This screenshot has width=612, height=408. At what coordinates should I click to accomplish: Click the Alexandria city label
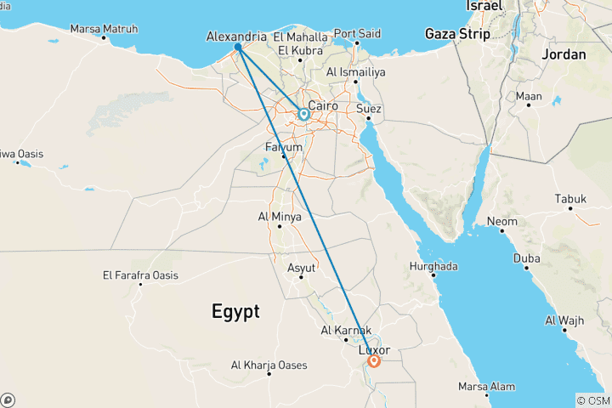236,37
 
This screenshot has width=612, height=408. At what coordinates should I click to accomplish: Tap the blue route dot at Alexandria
239,47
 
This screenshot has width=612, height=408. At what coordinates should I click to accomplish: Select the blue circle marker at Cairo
303,113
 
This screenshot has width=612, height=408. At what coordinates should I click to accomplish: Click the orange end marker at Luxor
373,361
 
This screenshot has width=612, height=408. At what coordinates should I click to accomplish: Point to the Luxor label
375,349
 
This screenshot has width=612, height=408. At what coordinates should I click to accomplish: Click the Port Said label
357,33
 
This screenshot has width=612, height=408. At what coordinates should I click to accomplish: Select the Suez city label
371,109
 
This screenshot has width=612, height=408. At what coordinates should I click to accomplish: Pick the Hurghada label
433,266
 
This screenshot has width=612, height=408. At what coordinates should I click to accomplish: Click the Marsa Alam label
487,386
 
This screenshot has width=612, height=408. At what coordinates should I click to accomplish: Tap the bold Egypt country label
235,311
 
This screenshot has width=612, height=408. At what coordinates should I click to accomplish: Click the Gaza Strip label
458,34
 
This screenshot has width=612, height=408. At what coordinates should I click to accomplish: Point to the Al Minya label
280,217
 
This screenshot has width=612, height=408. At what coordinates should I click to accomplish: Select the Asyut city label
302,267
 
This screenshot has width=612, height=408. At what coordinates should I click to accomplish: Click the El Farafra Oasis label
140,275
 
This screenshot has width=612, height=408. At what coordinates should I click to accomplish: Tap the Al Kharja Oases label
267,365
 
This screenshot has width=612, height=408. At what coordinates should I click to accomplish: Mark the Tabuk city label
570,199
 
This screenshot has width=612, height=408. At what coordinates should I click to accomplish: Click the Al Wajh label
563,320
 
